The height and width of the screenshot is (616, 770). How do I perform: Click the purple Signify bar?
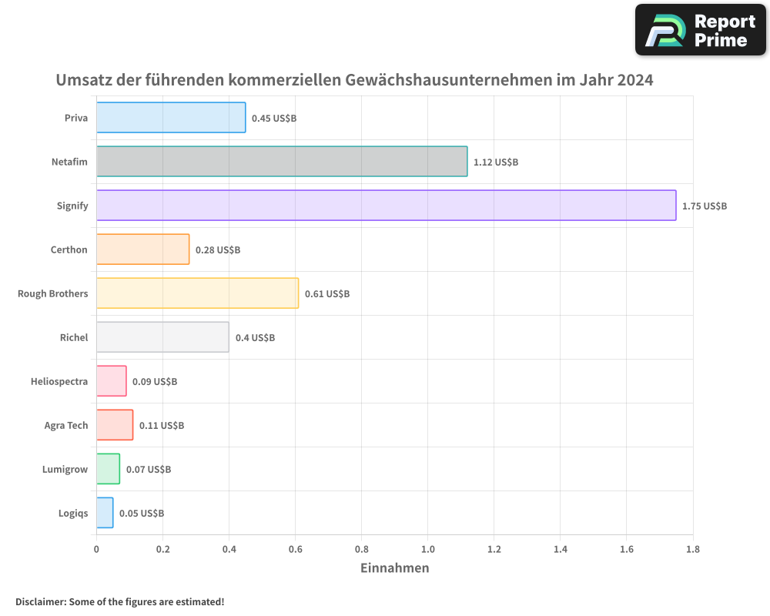[386, 206]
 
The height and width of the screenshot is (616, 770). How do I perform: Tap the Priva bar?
[171, 118]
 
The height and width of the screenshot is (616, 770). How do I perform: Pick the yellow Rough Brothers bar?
[197, 293]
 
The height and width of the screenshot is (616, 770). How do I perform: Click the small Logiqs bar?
[105, 513]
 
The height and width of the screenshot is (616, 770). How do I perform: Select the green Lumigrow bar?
[108, 469]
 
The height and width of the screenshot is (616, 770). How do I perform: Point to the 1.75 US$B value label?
[704, 206]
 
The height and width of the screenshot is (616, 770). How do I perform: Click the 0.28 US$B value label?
[218, 250]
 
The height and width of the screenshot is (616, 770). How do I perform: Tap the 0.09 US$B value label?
[155, 382]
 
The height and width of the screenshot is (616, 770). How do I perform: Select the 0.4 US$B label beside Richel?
[255, 338]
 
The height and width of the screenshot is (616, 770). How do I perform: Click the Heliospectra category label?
[59, 381]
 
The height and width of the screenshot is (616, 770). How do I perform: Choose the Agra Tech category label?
[66, 425]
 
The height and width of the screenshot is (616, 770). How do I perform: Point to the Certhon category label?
[69, 249]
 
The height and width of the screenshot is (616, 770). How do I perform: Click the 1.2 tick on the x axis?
[494, 550]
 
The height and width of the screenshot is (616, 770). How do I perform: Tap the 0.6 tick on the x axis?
[295, 550]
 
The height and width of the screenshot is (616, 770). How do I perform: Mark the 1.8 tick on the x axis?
[692, 550]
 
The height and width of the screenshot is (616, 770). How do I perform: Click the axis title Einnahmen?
[394, 568]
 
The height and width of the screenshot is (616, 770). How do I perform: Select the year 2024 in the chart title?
[635, 80]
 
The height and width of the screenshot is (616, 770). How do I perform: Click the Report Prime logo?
[700, 30]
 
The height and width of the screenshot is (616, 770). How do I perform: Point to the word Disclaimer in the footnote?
[40, 601]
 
